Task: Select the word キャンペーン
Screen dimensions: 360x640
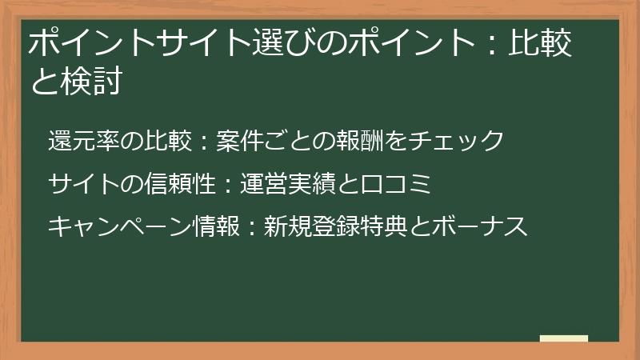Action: coord(116,227)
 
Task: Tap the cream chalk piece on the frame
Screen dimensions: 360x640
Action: coord(563,339)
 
